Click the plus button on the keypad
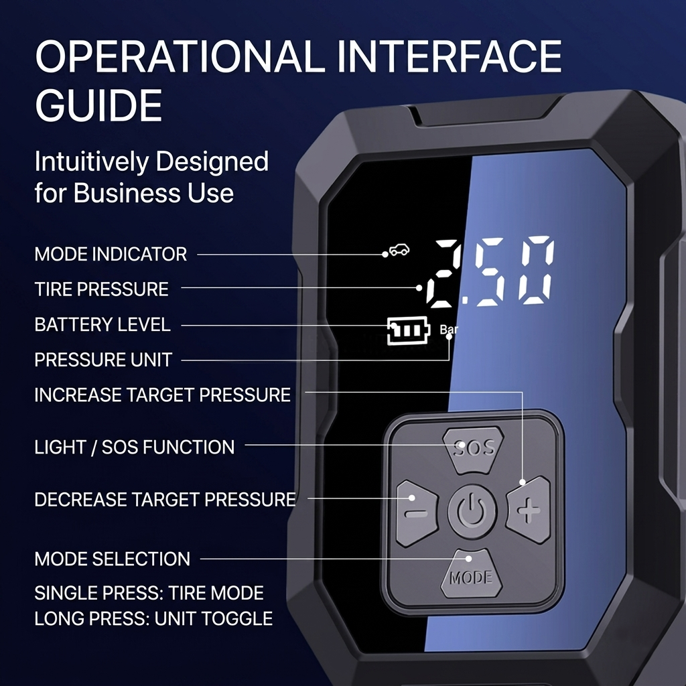[529, 510]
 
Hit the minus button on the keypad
[417, 512]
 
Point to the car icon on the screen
[399, 250]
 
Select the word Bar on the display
[448, 329]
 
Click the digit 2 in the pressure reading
[443, 272]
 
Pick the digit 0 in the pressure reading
[535, 269]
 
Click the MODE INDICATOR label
[111, 254]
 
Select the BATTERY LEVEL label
[102, 325]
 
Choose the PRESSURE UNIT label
[103, 360]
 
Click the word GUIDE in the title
[98, 105]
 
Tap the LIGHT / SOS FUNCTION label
[134, 447]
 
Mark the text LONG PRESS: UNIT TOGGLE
[153, 618]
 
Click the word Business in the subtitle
[127, 192]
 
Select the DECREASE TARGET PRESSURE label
[165, 500]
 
